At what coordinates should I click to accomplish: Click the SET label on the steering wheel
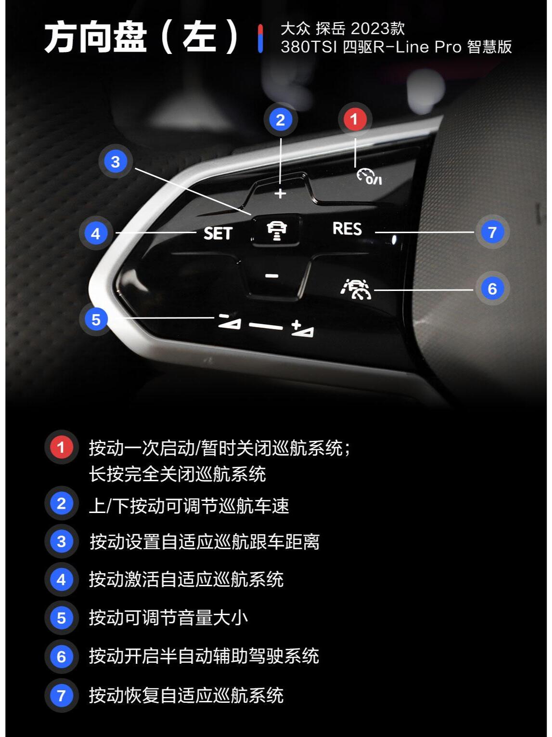tap(218, 233)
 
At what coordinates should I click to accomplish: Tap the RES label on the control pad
tap(347, 229)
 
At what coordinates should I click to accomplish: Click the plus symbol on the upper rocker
tap(281, 194)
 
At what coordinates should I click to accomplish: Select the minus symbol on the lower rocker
tap(271, 276)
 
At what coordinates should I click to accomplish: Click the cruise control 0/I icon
tap(369, 177)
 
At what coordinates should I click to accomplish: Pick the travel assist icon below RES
tap(356, 289)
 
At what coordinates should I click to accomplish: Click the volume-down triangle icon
tap(230, 322)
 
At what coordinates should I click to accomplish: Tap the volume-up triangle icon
tap(303, 329)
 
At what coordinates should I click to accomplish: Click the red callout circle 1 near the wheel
tap(355, 119)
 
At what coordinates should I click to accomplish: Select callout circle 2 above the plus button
tap(281, 120)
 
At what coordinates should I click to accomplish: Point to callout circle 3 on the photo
tap(116, 161)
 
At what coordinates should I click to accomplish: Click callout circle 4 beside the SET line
tap(96, 233)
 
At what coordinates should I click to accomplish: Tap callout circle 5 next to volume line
tap(96, 320)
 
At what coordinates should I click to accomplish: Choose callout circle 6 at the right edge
tap(492, 289)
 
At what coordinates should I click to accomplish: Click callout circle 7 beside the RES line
tap(492, 232)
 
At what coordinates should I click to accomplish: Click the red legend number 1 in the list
tap(61, 447)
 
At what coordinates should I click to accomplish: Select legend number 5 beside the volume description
tap(61, 618)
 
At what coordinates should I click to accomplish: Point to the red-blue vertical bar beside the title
tap(260, 38)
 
